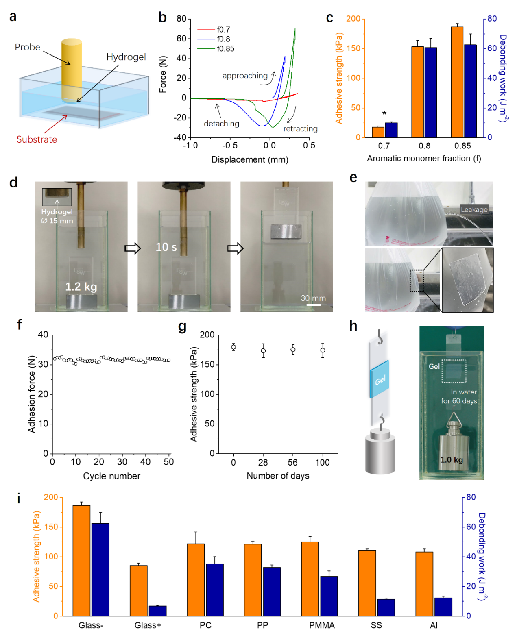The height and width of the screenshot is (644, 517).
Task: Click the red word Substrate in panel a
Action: (x=37, y=139)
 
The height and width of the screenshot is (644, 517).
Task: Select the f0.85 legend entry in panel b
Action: (x=225, y=49)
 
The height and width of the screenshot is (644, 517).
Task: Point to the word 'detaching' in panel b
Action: (x=221, y=124)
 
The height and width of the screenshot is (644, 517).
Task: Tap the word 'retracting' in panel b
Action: (x=300, y=129)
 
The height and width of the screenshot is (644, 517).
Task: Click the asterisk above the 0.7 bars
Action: (x=384, y=113)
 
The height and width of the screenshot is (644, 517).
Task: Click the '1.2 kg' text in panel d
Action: (x=81, y=287)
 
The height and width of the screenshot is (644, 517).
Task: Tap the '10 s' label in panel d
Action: (x=166, y=247)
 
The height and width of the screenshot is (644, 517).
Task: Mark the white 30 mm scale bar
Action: (x=313, y=305)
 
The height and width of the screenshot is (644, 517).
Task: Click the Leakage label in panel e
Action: (x=474, y=209)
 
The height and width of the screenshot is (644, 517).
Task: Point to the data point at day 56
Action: (x=293, y=350)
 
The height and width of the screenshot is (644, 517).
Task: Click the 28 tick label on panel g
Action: (x=263, y=463)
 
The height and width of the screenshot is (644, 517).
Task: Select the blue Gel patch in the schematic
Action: (x=379, y=379)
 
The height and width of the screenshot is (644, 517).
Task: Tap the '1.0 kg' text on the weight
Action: (x=452, y=460)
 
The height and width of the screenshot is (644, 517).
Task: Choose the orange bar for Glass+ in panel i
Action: (x=139, y=590)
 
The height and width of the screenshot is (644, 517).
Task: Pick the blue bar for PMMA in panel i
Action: (x=329, y=596)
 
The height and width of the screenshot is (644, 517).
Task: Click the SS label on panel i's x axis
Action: (x=376, y=625)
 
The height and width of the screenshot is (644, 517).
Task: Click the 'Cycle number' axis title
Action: (x=111, y=476)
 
